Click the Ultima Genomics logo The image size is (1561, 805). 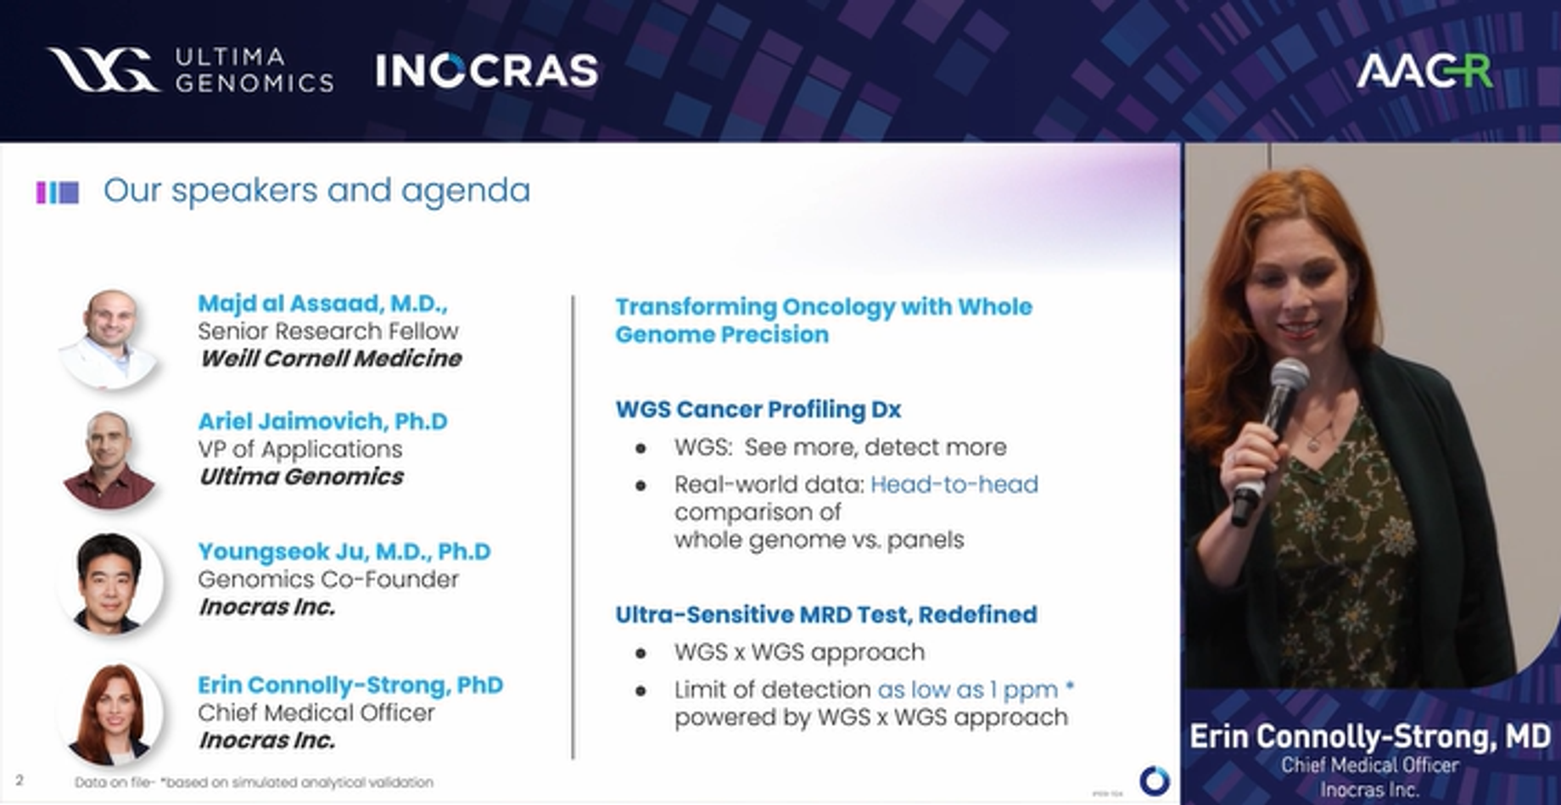tap(190, 70)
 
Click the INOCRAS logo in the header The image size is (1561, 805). tap(487, 70)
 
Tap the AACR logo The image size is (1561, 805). tap(1424, 70)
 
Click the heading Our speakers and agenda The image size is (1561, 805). tap(316, 191)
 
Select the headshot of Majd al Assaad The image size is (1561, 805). tap(109, 338)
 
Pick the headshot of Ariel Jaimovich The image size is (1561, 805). tap(109, 459)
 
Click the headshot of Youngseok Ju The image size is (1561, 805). tap(109, 583)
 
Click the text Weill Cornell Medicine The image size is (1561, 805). tap(330, 359)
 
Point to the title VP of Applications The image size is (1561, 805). tap(299, 449)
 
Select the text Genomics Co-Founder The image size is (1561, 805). tap(327, 579)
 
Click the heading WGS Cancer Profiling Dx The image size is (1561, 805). tap(758, 410)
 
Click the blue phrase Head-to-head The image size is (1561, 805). tap(954, 484)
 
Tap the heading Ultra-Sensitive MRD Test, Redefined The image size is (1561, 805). tap(825, 614)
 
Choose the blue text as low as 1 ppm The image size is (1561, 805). tap(967, 690)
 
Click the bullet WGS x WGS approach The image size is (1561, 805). tap(799, 652)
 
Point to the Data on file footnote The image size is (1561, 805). tap(254, 782)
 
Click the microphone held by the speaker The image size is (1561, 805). tap(1273, 424)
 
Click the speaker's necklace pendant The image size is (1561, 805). tap(1314, 442)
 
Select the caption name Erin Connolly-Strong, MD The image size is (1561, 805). tap(1369, 735)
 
